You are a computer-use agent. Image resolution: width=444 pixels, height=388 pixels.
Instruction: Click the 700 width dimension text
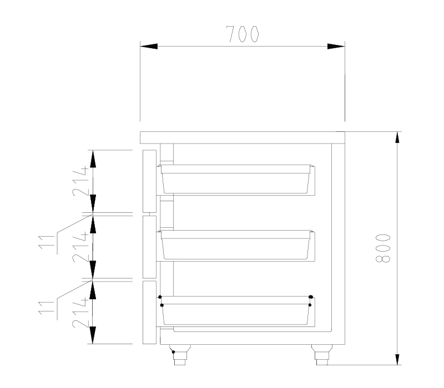(243, 34)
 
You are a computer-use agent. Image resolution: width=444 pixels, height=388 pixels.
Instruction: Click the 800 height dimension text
(383, 248)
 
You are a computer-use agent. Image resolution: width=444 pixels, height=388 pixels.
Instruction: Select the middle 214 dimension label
(80, 247)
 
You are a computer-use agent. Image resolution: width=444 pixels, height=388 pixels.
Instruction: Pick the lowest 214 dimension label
(80, 313)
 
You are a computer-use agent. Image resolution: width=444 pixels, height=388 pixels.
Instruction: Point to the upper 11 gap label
(47, 242)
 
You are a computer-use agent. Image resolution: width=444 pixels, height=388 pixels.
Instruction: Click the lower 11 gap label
(47, 308)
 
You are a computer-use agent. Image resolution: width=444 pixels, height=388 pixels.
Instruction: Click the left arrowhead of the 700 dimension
(149, 47)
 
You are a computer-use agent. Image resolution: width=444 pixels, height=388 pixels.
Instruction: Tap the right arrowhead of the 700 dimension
(336, 47)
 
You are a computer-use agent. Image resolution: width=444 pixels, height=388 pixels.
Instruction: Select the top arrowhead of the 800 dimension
(397, 140)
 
